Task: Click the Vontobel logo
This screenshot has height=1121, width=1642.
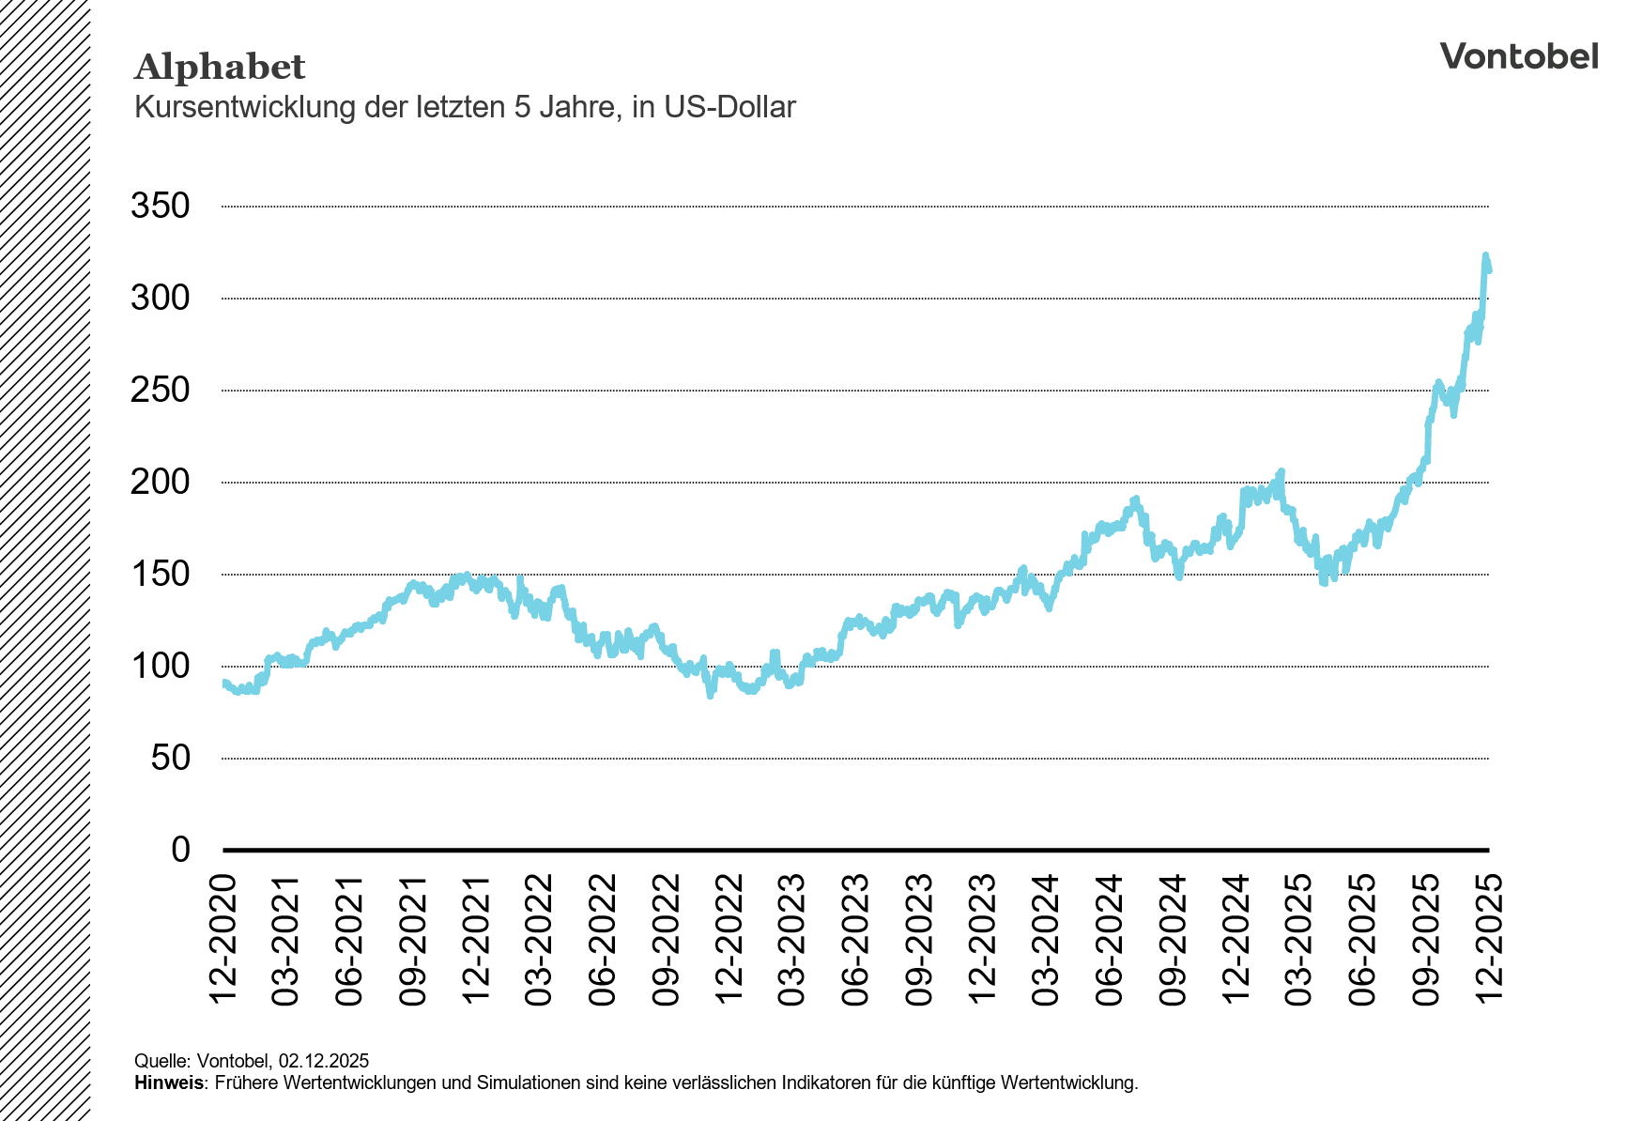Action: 1518,56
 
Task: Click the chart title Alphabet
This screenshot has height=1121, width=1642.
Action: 220,68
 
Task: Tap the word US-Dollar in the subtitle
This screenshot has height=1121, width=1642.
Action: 729,108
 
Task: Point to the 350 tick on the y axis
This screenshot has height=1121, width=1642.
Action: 161,206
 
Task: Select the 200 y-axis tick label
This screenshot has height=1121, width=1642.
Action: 161,482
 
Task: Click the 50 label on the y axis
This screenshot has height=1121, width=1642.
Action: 170,758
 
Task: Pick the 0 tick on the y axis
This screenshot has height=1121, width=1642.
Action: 180,850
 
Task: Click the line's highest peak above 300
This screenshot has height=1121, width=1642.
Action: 1485,254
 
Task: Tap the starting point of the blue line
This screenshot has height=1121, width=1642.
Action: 223,683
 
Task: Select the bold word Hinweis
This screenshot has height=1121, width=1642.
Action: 169,1083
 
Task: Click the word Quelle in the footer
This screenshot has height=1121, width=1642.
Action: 161,1061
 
